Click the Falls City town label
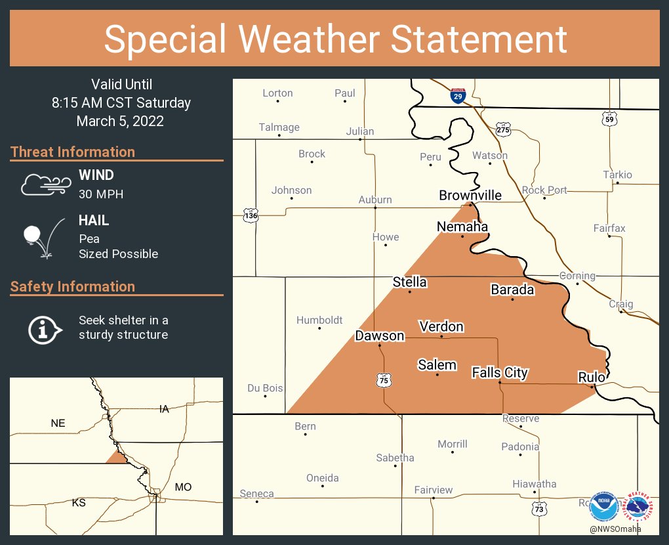pos(500,372)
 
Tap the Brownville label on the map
pos(470,195)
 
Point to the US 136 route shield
pos(251,215)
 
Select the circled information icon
pos(45,328)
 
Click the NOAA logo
pos(603,507)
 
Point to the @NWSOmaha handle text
pos(615,529)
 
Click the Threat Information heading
pos(73,152)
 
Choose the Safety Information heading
pos(73,286)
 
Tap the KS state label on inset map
pos(79,503)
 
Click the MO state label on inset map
pos(183,487)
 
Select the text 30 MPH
pos(101,194)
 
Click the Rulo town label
pos(591,377)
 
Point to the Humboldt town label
pos(319,320)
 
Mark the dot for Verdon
pos(441,336)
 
